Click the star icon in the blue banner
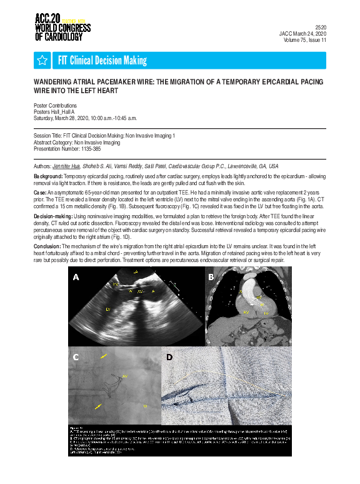tap(42, 60)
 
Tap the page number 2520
tap(319, 28)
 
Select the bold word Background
tap(48, 178)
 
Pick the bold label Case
tap(40, 193)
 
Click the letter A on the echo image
tap(77, 276)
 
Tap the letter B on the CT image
tap(211, 276)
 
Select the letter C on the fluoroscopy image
tap(76, 358)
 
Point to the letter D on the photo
tap(169, 358)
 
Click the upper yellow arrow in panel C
tap(104, 356)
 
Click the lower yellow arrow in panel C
tap(99, 406)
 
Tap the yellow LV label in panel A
tap(108, 310)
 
